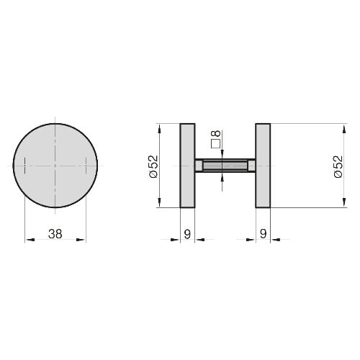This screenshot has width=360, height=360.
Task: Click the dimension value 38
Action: pos(55,234)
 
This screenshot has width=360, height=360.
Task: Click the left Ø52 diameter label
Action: pos(154,166)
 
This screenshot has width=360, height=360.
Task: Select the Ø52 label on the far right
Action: pos(338,166)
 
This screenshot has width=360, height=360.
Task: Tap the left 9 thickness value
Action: pos(187,234)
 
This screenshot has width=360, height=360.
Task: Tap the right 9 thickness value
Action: pos(263,234)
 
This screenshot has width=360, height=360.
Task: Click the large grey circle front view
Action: pos(55,166)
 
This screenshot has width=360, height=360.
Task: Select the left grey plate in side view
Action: pos(187,166)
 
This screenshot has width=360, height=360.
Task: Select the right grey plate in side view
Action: pos(263,166)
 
